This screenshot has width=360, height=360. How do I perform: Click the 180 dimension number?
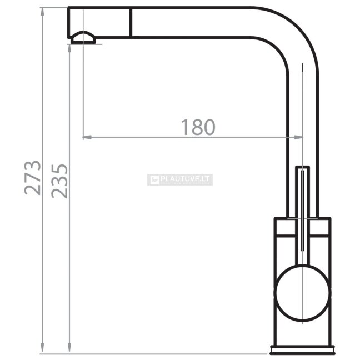[x=198, y=127]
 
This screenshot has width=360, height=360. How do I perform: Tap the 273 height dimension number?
[x=33, y=178]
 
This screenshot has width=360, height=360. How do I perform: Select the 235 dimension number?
[x=59, y=181]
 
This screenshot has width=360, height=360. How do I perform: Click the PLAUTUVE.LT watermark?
[x=180, y=179]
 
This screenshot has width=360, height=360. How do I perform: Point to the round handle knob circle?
[x=303, y=293]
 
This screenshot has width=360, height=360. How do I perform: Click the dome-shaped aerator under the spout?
[x=83, y=37]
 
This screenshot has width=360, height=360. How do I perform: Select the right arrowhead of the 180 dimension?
[x=298, y=137]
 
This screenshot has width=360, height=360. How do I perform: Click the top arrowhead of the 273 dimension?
[x=42, y=12]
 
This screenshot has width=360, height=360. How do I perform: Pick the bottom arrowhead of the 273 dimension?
[x=42, y=349]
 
